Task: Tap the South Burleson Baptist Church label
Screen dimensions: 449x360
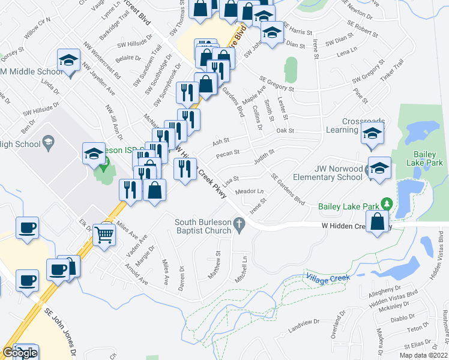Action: click(x=203, y=226)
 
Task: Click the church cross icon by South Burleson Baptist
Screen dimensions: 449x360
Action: click(x=240, y=226)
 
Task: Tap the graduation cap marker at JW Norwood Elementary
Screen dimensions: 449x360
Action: click(x=379, y=169)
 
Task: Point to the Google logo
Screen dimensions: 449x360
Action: click(x=20, y=353)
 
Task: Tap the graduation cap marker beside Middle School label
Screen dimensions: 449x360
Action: click(x=69, y=61)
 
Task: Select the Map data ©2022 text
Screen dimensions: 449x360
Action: click(x=423, y=355)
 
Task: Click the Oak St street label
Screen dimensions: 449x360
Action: click(x=285, y=130)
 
